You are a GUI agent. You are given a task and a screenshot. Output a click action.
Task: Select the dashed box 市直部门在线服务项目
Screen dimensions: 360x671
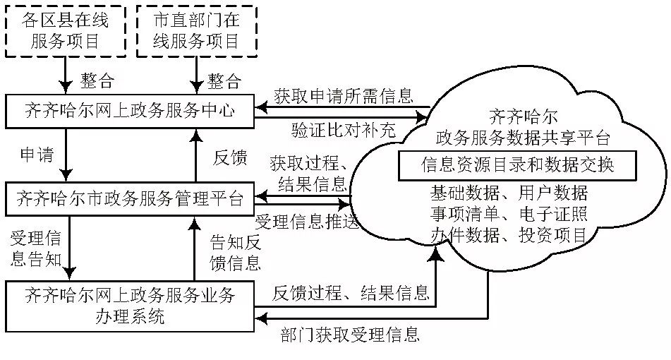click(x=196, y=30)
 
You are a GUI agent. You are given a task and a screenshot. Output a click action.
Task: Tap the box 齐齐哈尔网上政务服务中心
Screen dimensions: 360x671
click(x=129, y=111)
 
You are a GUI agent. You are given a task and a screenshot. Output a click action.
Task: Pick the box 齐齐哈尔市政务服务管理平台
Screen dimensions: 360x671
click(x=129, y=198)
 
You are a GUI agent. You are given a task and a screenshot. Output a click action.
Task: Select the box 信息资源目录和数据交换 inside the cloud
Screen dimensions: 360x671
click(x=518, y=165)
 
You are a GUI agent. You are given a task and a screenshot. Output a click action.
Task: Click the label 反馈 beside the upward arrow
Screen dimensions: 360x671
click(x=229, y=158)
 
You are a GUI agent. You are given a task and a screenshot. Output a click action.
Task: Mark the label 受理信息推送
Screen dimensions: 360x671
click(x=308, y=220)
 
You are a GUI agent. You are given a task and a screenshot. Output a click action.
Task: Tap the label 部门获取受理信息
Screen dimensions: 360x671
click(x=349, y=335)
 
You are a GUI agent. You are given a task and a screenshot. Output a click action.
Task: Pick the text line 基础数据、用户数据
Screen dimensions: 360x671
click(x=509, y=193)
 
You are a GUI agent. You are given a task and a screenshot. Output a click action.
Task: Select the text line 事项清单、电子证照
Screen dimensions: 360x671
click(x=509, y=214)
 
